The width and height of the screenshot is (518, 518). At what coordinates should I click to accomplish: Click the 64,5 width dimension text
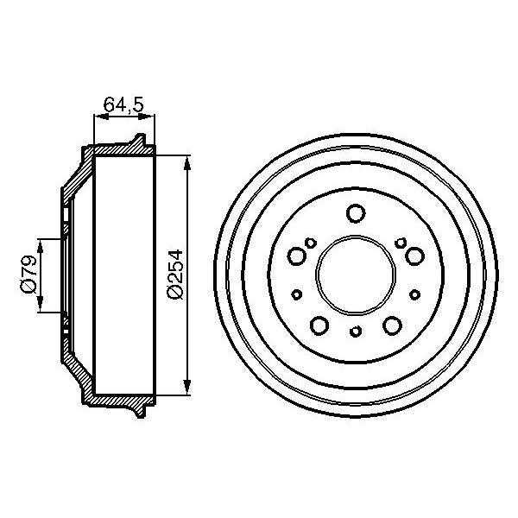tap(123, 106)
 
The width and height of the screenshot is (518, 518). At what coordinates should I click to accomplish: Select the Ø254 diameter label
tap(175, 275)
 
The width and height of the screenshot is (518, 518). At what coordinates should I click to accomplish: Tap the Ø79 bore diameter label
tap(27, 275)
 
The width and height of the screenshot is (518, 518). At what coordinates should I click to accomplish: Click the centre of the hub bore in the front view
tap(355, 275)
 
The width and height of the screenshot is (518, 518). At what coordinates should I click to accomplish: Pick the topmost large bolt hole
tap(355, 212)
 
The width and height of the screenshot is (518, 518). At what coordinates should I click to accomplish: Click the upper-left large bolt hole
tap(296, 256)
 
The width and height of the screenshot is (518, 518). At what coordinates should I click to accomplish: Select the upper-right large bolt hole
tap(414, 256)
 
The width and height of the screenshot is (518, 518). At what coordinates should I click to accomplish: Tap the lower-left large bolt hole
tap(319, 325)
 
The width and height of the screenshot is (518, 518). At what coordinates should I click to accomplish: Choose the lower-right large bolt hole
tap(392, 325)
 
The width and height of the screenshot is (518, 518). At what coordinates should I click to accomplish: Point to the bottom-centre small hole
tap(355, 332)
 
